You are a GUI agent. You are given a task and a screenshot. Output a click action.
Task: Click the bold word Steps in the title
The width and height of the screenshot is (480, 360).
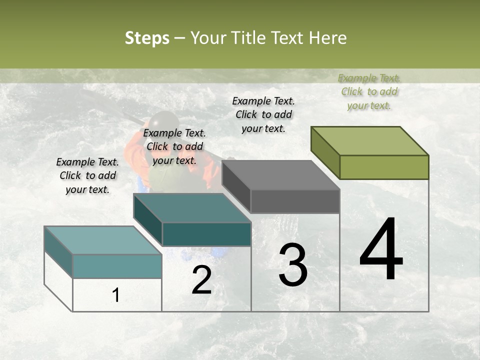coord(147,38)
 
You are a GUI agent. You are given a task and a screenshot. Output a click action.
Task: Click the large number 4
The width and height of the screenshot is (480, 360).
coord(381,250)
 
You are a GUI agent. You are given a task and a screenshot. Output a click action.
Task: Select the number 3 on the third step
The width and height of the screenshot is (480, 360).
coord(293,265)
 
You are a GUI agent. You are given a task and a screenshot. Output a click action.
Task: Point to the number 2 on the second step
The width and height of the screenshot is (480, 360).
coord(202,280)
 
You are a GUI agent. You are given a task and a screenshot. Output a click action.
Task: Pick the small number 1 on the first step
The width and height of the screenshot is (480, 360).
coord(116,295)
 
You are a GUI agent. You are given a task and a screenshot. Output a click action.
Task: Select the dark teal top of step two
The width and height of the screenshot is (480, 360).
coord(192,208)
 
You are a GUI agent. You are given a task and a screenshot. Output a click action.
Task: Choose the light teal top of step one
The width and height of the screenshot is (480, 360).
coord(103,240)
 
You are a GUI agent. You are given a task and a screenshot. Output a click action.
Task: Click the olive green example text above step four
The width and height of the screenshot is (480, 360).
coord(369,91)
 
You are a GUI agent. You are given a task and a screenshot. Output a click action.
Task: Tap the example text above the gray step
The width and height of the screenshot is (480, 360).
coord(263,114)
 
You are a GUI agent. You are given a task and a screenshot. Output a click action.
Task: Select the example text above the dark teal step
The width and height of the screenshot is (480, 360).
coord(174,146)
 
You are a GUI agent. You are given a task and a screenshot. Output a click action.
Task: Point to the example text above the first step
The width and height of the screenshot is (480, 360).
coord(87,175)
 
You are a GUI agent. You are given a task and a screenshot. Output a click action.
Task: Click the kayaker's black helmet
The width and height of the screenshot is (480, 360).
coord(164,121)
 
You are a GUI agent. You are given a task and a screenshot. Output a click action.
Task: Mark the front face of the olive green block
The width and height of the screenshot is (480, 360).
coord(384,167)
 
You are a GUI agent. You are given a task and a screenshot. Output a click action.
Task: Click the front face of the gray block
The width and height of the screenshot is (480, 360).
coord(295,201)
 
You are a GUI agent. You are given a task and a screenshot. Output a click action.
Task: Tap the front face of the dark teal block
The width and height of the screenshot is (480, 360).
coord(206,234)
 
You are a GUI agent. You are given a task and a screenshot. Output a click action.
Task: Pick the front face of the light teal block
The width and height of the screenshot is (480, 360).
coord(117,266)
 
